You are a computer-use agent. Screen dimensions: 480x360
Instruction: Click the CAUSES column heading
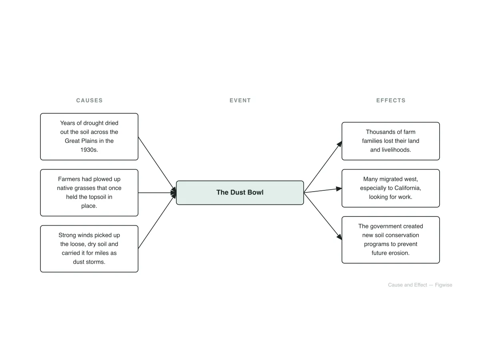coord(89,100)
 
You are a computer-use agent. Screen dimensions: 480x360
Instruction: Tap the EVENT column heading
coord(240,100)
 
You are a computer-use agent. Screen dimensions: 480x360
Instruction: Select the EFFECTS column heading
coord(390,100)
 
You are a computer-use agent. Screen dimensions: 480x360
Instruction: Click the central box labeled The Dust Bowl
coord(240,192)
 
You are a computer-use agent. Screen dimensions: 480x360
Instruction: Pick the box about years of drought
coord(89,137)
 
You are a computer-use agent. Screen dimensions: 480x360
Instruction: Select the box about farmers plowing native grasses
coord(89,192)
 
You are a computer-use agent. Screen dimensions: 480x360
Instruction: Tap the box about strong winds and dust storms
coord(89,249)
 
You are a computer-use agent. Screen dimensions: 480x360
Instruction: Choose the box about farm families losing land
coord(390,141)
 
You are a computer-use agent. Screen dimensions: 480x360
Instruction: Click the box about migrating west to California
coord(390,188)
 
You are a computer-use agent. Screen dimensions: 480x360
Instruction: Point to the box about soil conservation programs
coord(390,240)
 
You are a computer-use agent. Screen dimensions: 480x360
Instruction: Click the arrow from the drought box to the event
coord(157,164)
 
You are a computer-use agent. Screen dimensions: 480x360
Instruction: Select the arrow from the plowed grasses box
coord(157,192)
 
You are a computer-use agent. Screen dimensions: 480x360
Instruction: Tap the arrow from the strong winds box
coord(157,221)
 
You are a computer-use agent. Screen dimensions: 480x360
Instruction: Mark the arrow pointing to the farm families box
coord(323,167)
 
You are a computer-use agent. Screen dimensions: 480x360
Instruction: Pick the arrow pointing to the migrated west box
coord(323,190)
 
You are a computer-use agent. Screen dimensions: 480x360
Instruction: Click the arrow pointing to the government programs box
coord(323,216)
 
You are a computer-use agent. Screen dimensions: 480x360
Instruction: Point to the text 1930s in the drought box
coord(89,150)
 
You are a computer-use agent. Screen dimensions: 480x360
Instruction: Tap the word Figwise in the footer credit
coord(444,285)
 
